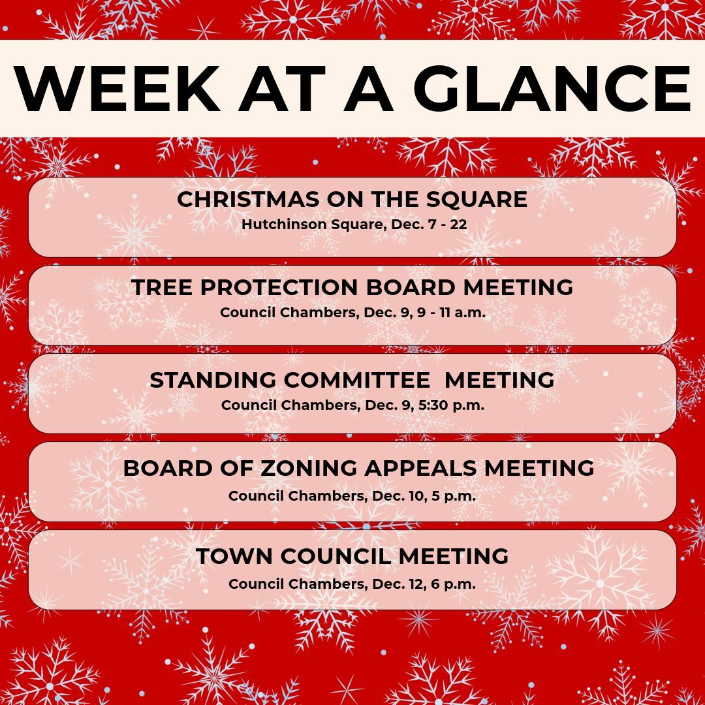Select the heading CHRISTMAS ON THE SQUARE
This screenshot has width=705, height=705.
click(x=352, y=199)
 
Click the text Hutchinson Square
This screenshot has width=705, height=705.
click(x=301, y=224)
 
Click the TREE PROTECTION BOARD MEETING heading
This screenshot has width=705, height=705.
click(x=352, y=287)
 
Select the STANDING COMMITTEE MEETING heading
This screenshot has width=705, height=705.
click(x=352, y=380)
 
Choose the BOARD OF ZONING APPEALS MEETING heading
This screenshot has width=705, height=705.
click(x=358, y=468)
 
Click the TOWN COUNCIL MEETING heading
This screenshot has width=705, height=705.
click(x=352, y=556)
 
